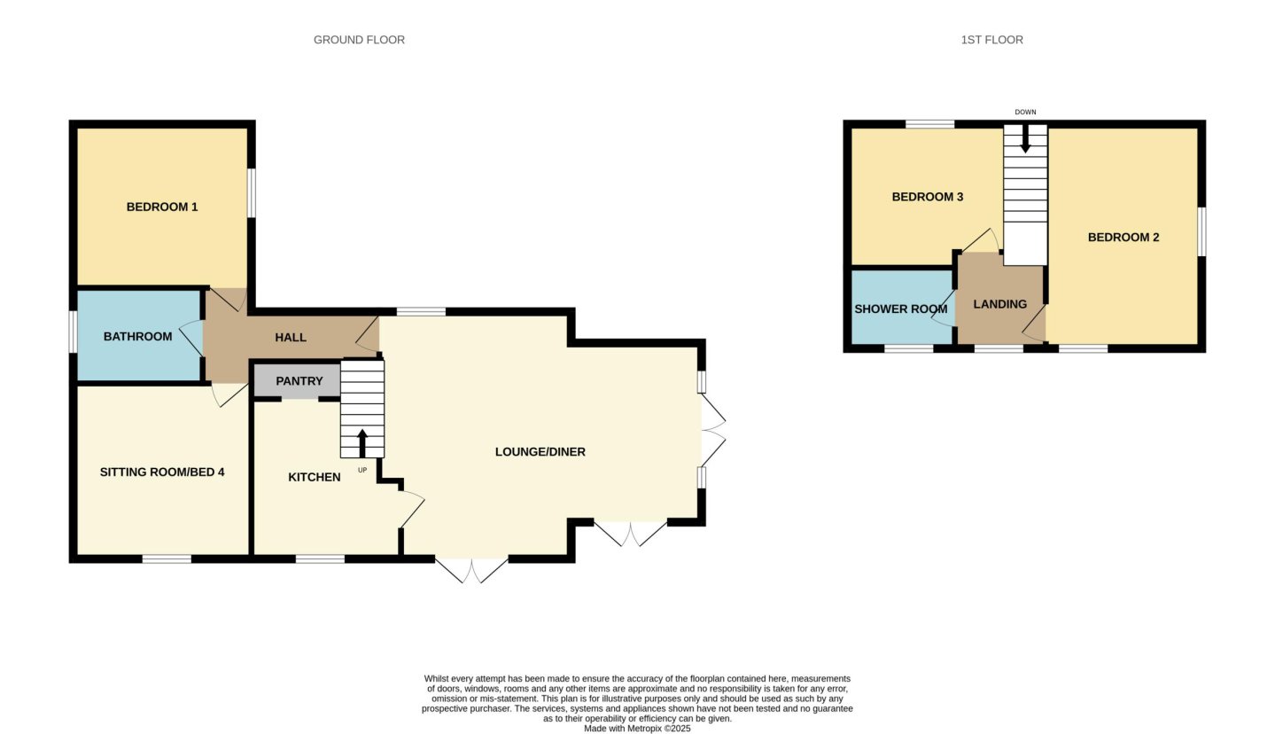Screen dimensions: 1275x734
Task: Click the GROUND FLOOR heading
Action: pyautogui.click(x=359, y=40)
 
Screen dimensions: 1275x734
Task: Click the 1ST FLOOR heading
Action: pyautogui.click(x=992, y=40)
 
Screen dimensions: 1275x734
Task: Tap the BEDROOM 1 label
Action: pyautogui.click(x=162, y=207)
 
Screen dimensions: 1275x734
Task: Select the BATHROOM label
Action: pyautogui.click(x=137, y=337)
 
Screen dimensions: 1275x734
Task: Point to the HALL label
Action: pyautogui.click(x=291, y=338)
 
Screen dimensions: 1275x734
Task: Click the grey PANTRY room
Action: pyautogui.click(x=297, y=380)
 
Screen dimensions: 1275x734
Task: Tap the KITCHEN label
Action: pyautogui.click(x=315, y=477)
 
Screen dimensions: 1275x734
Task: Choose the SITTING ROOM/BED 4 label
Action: pyautogui.click(x=162, y=472)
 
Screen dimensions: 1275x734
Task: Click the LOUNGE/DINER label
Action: pyautogui.click(x=540, y=452)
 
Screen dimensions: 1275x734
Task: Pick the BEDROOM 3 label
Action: pyautogui.click(x=927, y=197)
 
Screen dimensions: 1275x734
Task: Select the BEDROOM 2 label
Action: pyautogui.click(x=1123, y=238)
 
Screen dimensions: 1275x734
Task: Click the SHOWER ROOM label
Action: pyautogui.click(x=901, y=309)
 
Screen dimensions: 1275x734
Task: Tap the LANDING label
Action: pyautogui.click(x=1000, y=305)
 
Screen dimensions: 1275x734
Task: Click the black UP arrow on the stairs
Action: pyautogui.click(x=362, y=443)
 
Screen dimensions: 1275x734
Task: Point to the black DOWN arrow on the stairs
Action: pyautogui.click(x=1025, y=139)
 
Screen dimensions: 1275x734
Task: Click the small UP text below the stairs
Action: pyautogui.click(x=362, y=471)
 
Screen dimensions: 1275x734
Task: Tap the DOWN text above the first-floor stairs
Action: pyautogui.click(x=1025, y=113)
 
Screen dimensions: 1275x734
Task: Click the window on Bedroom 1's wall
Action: pyautogui.click(x=252, y=192)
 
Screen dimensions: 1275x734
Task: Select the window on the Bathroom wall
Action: pyautogui.click(x=73, y=332)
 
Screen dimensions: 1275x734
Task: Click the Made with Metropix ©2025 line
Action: pyautogui.click(x=637, y=729)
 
